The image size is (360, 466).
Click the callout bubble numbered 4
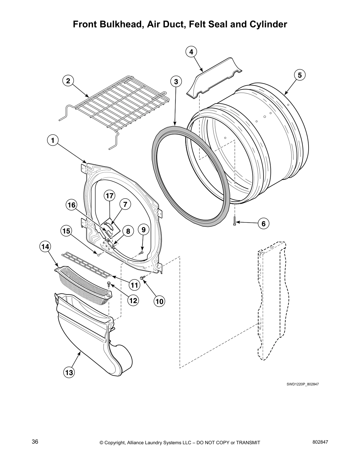point(191,52)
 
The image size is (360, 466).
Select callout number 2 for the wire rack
point(68,81)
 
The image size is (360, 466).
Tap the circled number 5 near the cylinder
point(300,75)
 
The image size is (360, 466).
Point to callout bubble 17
point(109,196)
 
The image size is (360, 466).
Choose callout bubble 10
point(159,301)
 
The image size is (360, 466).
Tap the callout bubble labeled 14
point(45,247)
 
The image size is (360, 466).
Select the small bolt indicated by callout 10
point(143,277)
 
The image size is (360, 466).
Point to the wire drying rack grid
point(118,103)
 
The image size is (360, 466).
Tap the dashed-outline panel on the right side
point(272,300)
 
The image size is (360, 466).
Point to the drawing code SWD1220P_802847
point(303,384)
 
